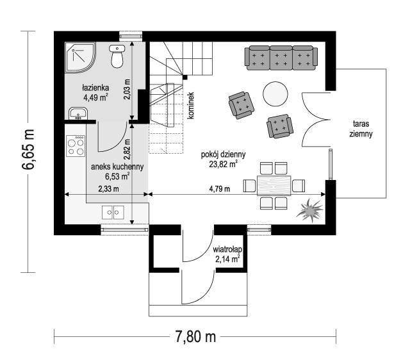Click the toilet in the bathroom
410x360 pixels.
(117, 56)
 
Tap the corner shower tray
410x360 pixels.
(80, 57)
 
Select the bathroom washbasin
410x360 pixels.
(78, 113)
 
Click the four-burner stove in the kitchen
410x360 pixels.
(76, 146)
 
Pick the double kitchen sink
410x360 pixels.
(113, 212)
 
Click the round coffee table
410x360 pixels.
(275, 94)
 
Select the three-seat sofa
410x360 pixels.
(281, 58)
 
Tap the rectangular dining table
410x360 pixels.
(274, 186)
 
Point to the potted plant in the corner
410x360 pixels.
(310, 210)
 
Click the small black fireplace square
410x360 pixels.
(185, 77)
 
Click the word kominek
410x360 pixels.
(191, 106)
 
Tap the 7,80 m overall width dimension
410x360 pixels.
(195, 336)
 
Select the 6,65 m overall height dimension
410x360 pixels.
(28, 149)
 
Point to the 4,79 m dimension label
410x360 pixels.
(220, 188)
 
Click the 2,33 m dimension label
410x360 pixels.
(108, 188)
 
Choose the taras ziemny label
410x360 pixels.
(361, 129)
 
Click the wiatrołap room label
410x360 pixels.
(227, 249)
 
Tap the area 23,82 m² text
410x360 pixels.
(224, 164)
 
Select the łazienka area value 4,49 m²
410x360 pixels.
(95, 97)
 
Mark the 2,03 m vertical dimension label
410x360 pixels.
(127, 89)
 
